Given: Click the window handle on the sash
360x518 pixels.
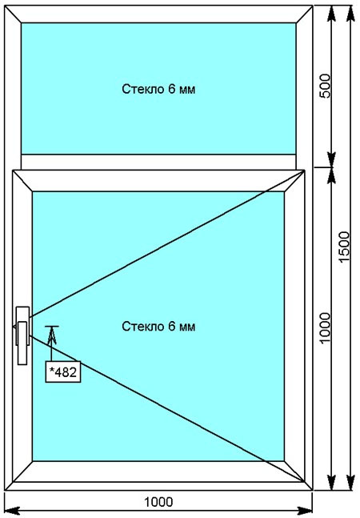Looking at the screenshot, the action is coord(22,335).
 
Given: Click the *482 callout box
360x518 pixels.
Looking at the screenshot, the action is coord(63,372).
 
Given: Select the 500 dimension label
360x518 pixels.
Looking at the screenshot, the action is coord(325,86).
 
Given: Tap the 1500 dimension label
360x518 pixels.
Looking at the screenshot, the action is coord(345,247).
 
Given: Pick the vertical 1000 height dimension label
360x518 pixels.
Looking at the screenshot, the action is coord(325,328).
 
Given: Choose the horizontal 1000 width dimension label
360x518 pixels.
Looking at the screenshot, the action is coord(158,502).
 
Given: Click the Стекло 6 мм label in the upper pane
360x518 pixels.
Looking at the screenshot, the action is coord(158,89).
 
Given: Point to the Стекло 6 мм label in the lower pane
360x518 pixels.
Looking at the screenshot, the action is coord(158,327).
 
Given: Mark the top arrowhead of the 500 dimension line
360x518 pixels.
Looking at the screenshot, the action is coord(331,14).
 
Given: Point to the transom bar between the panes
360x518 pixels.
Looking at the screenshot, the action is coord(158,162).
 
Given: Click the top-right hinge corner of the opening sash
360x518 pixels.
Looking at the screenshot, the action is coord(304,171).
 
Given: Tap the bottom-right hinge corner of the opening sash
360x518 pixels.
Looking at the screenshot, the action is coord(304,482).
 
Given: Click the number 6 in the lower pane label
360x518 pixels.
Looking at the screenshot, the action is coord(172,327).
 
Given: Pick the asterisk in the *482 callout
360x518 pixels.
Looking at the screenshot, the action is coord(51,370).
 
